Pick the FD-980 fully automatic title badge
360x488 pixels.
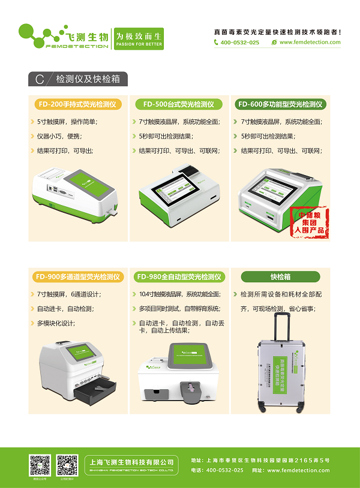pos(178,277)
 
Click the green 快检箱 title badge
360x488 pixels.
pos(280,277)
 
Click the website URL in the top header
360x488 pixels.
pos(310,43)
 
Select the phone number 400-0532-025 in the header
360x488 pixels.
pos(240,43)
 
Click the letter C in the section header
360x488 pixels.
pos(40,79)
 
